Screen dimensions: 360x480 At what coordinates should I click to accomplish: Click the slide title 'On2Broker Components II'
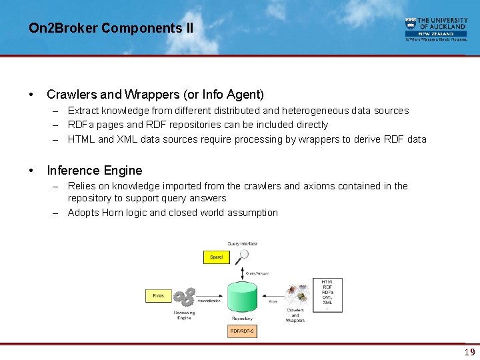(111, 28)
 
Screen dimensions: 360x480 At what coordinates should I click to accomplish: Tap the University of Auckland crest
(411, 25)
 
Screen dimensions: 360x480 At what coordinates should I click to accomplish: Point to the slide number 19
(470, 352)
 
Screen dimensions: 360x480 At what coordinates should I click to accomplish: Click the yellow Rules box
(158, 295)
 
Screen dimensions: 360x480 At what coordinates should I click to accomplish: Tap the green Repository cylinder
(241, 297)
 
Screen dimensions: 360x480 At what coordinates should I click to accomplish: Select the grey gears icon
(186, 297)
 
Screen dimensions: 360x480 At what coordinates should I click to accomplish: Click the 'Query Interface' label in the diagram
(242, 244)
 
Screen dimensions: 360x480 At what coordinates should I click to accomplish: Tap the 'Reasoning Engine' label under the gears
(184, 315)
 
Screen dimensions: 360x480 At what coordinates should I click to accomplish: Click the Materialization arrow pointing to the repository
(214, 297)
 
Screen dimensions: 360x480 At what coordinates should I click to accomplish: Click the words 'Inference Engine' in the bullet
(95, 171)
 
